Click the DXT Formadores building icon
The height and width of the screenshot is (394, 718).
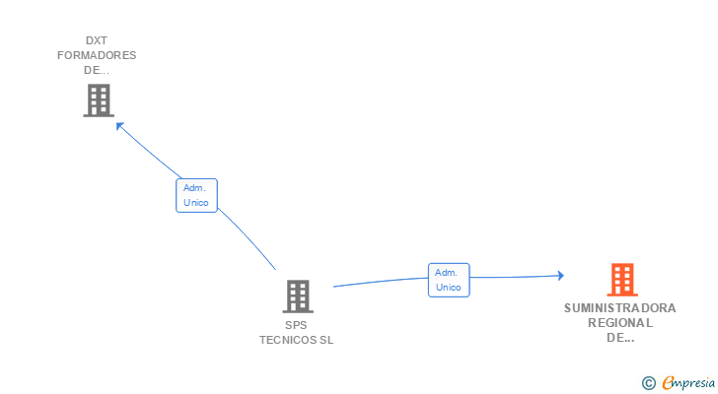[98, 100]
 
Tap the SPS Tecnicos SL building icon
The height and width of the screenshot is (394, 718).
[298, 295]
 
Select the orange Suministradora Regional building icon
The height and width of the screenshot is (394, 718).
[621, 280]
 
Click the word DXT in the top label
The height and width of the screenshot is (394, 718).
[97, 40]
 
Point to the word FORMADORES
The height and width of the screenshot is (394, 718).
[97, 55]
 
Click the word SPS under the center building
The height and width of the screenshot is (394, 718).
[297, 325]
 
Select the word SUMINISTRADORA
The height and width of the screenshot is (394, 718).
[620, 308]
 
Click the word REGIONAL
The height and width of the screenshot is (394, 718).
[620, 323]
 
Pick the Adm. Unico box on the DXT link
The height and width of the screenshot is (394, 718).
[196, 195]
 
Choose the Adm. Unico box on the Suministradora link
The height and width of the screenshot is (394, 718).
[449, 280]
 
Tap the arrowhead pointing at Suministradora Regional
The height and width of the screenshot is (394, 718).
[559, 276]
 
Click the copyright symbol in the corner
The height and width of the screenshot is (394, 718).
[649, 382]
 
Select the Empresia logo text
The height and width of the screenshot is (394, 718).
[691, 382]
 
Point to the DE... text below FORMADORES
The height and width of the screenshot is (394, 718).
[97, 70]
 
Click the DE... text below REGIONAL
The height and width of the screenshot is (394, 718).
[620, 338]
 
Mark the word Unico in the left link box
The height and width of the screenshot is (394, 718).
[196, 203]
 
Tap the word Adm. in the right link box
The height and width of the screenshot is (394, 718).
[447, 273]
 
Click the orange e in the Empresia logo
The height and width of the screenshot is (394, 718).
[668, 382]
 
